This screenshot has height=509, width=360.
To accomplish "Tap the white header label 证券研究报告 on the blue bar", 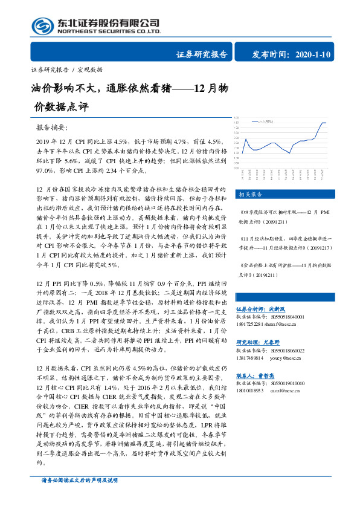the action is point(201,54).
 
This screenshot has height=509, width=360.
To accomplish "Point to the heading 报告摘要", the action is point(53,128).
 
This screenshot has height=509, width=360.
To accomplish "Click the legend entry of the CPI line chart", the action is point(263,121).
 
